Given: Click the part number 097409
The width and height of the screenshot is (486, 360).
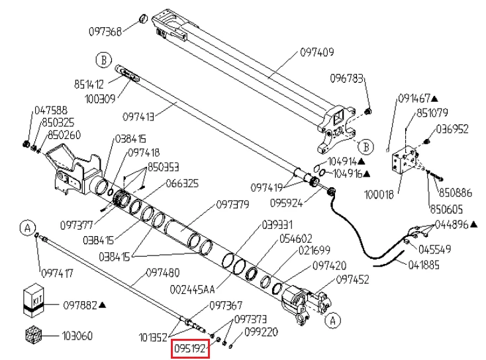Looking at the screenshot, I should pos(318,51).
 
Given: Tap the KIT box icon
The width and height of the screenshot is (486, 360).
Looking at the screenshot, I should pos(32,300).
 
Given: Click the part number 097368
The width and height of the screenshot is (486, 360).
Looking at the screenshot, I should pos(105,31).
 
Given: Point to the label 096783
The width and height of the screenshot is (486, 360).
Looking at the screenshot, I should pos(348,77).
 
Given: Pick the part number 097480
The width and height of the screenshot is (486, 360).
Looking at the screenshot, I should pos(162,273).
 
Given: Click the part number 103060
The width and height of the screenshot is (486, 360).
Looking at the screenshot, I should pos(78,336).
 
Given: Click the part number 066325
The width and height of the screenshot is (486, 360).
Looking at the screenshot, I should pos(182,183).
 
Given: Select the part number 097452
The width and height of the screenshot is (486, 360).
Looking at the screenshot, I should pos(353,280).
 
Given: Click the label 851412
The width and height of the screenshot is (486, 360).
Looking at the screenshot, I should pos(88,84).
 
